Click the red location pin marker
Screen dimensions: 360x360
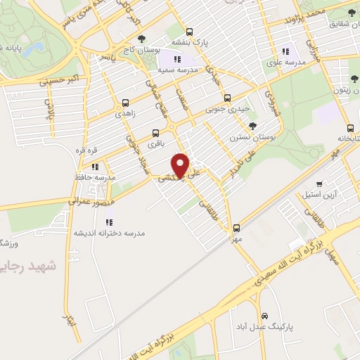point(181,165)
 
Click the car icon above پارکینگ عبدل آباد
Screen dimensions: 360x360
point(264,315)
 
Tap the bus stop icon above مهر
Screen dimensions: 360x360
point(237,227)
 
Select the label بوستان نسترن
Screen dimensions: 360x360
point(250,137)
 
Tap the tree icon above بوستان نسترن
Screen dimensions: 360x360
point(252,126)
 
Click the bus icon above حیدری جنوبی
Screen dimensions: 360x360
point(226,98)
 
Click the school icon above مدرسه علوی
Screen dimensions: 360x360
point(285,51)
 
